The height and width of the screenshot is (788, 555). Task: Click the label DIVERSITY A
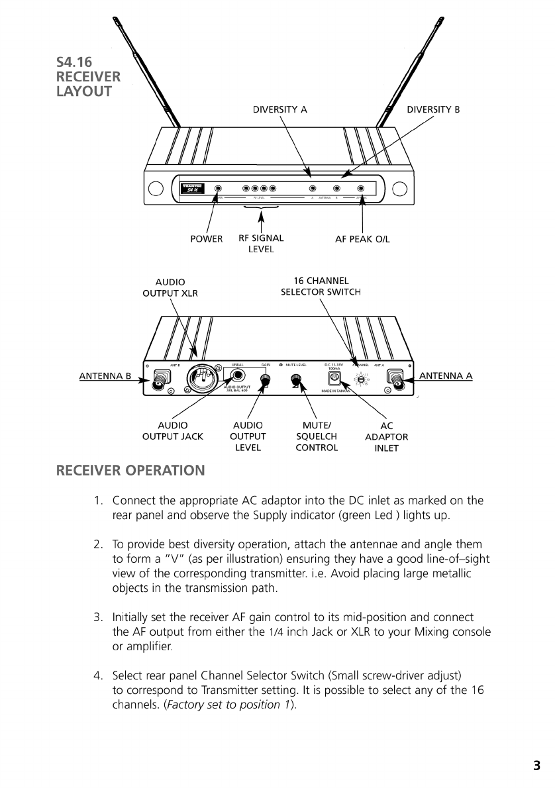pos(279,110)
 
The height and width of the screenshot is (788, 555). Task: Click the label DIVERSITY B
pos(432,110)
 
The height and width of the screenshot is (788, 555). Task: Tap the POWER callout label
pos(207,239)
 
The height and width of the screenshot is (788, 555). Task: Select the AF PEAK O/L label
pos(362,239)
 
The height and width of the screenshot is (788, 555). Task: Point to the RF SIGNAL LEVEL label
pos(261,244)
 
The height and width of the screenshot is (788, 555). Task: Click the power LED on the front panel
pos(218,189)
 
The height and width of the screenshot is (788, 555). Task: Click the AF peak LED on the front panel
pos(361,189)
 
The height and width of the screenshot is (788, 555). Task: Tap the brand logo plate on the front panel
pos(193,188)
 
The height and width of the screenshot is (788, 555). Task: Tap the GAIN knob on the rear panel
pos(266,379)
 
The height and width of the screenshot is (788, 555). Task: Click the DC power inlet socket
pos(334,378)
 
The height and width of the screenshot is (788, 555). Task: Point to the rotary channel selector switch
pos(361,379)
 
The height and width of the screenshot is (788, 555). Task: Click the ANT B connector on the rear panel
pos(160,380)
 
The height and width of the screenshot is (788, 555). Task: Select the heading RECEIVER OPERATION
pos(130,471)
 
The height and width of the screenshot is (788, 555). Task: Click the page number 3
pos(536,766)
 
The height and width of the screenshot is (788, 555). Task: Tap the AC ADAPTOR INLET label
pos(387,437)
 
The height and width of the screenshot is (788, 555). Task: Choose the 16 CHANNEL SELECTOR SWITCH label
pos(321,286)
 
